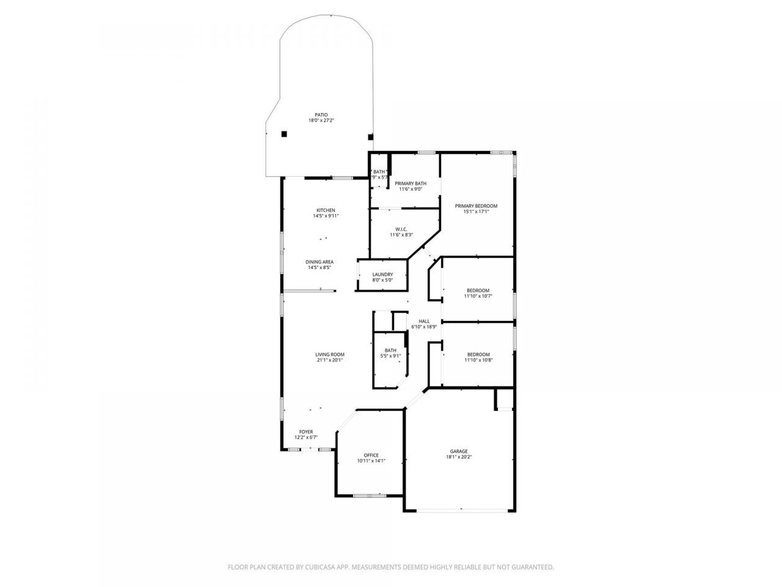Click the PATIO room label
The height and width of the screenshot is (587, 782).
point(321,115)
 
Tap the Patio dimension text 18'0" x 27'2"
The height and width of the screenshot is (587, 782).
point(321,120)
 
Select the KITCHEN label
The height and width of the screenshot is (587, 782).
point(326,210)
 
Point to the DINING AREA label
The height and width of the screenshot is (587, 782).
point(319,262)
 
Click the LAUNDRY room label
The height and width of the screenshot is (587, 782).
point(382,275)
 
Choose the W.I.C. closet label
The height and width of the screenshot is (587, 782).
point(401,229)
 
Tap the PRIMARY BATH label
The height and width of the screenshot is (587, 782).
point(411,183)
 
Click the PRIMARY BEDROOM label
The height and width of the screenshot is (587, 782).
point(476,206)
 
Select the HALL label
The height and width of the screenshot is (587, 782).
point(424,321)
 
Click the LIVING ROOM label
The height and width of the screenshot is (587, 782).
point(330,355)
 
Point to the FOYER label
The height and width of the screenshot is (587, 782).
point(306,432)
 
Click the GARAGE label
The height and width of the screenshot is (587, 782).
point(459,451)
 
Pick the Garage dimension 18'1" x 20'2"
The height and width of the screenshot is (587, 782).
point(459,457)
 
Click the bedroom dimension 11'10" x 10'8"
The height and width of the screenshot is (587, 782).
point(478,360)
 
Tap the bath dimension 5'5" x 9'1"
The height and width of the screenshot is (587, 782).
point(390,356)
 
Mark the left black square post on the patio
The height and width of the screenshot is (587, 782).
point(284,134)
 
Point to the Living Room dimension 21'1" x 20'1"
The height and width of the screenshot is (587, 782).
point(330,360)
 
